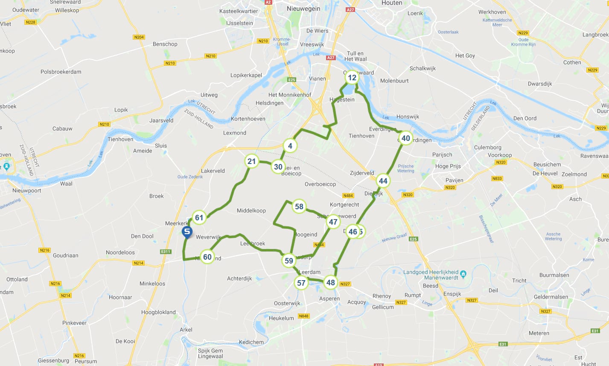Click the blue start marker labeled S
tap(186, 232)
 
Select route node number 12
tap(352, 77)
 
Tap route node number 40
tap(405, 138)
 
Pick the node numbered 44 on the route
tap(383, 181)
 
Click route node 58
tap(299, 207)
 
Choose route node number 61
tap(199, 217)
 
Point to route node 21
tap(252, 161)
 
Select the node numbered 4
tap(290, 146)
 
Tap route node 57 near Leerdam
tap(301, 283)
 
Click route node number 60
tap(207, 257)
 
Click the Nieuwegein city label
tap(303, 9)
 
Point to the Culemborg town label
tap(488, 147)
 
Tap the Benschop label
tap(165, 44)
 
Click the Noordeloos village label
tap(120, 252)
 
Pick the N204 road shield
tap(139, 37)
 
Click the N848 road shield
tap(303, 316)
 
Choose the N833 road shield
tap(497, 179)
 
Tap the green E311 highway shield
tap(166, 252)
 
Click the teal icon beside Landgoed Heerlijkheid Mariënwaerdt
tap(463, 274)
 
